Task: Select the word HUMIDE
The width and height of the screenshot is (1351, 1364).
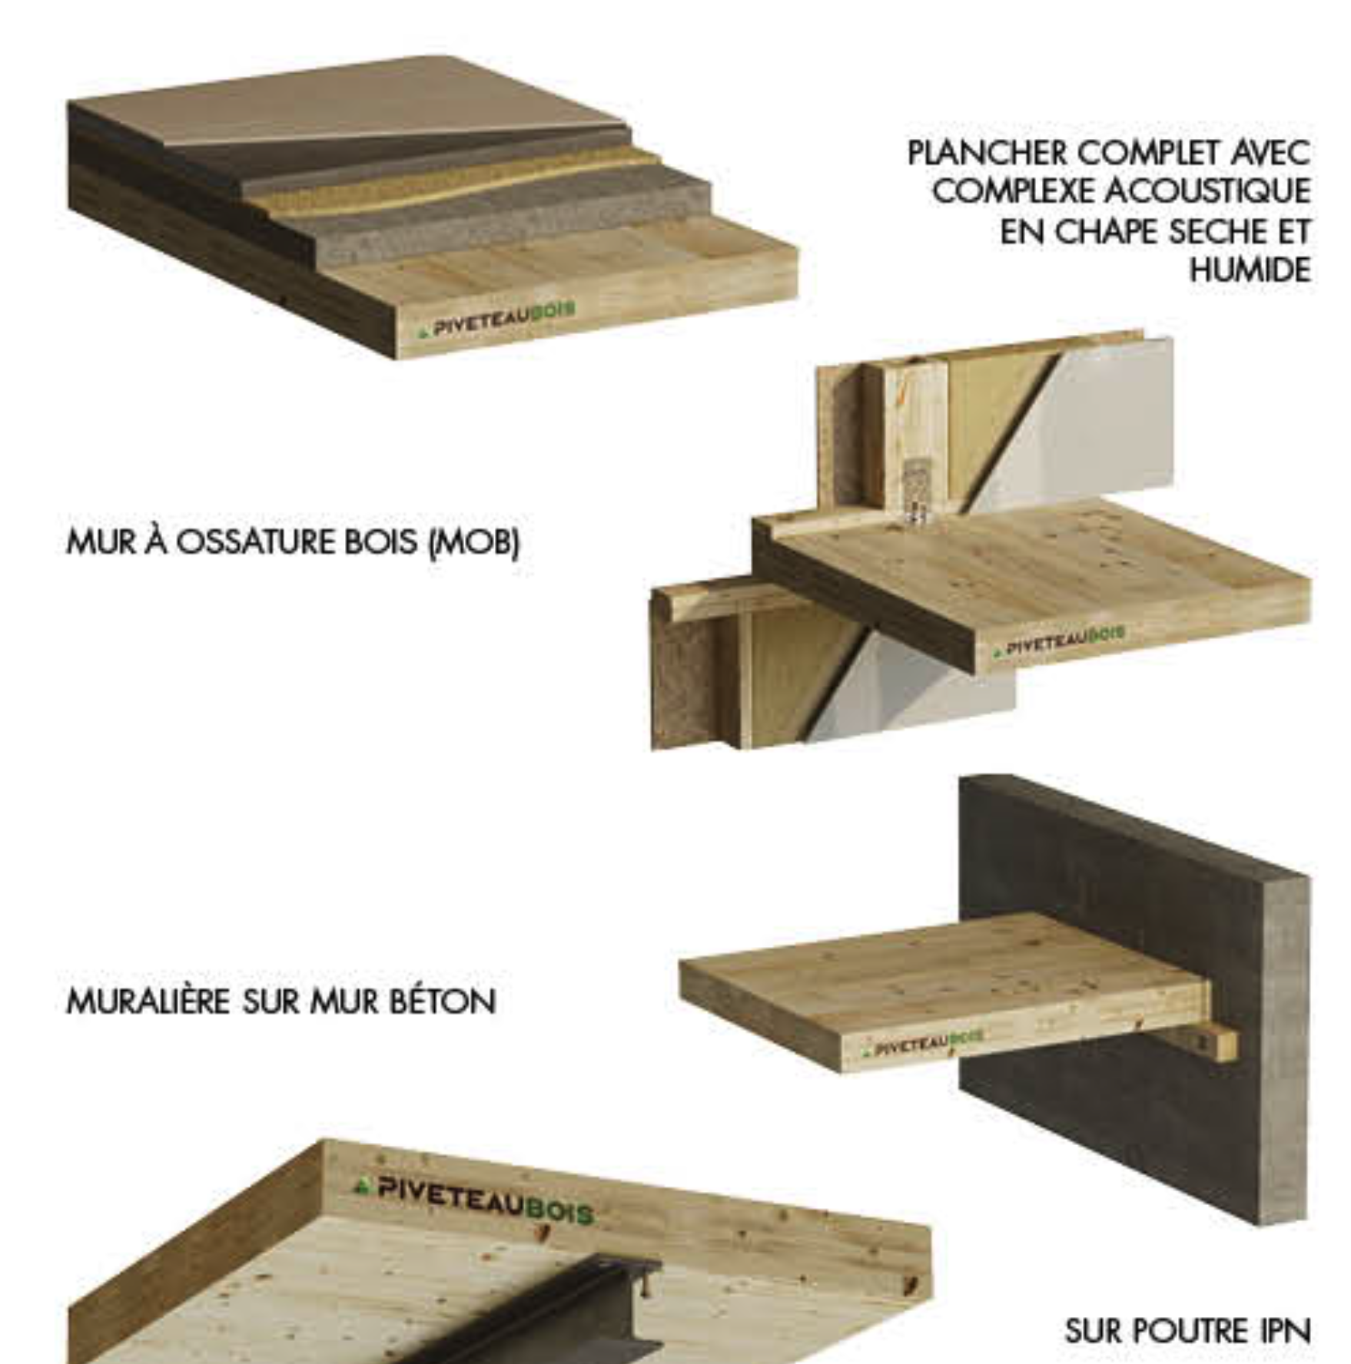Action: tap(1250, 270)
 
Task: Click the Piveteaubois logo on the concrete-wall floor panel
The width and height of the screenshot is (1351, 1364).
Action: tap(923, 1042)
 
